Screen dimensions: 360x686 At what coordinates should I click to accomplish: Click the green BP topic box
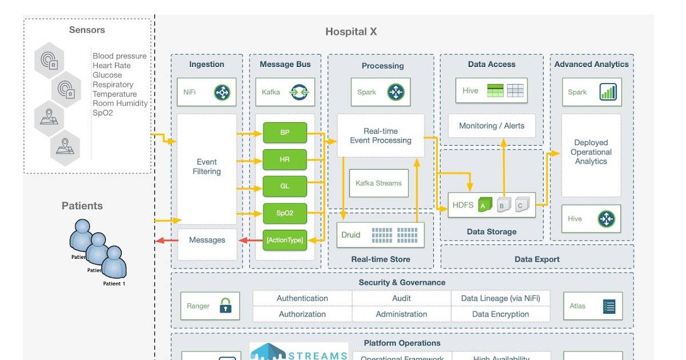(285, 133)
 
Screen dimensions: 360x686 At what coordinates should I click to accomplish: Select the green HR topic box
(285, 159)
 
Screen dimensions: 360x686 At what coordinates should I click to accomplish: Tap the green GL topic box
(285, 186)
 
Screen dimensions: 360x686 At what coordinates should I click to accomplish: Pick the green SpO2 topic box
(285, 213)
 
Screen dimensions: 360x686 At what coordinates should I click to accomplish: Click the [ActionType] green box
(285, 240)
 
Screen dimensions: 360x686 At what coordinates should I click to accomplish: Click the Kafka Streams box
(378, 183)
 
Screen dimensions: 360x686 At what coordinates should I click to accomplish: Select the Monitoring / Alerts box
(492, 126)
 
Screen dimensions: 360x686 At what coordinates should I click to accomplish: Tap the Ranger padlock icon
(226, 306)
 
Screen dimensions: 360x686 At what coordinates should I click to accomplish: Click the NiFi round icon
(222, 92)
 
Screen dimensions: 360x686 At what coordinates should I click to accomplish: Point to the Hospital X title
(351, 32)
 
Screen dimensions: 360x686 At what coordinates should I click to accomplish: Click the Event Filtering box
(206, 167)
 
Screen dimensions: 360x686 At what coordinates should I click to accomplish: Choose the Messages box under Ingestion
(206, 240)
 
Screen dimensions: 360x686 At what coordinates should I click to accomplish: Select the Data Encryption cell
(500, 314)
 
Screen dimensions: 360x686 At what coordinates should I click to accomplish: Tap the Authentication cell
(302, 298)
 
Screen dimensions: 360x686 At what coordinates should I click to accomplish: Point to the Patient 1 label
(114, 284)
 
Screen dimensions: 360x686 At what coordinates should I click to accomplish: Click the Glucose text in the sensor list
(107, 75)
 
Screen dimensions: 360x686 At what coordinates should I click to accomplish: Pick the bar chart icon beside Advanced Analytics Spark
(607, 92)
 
